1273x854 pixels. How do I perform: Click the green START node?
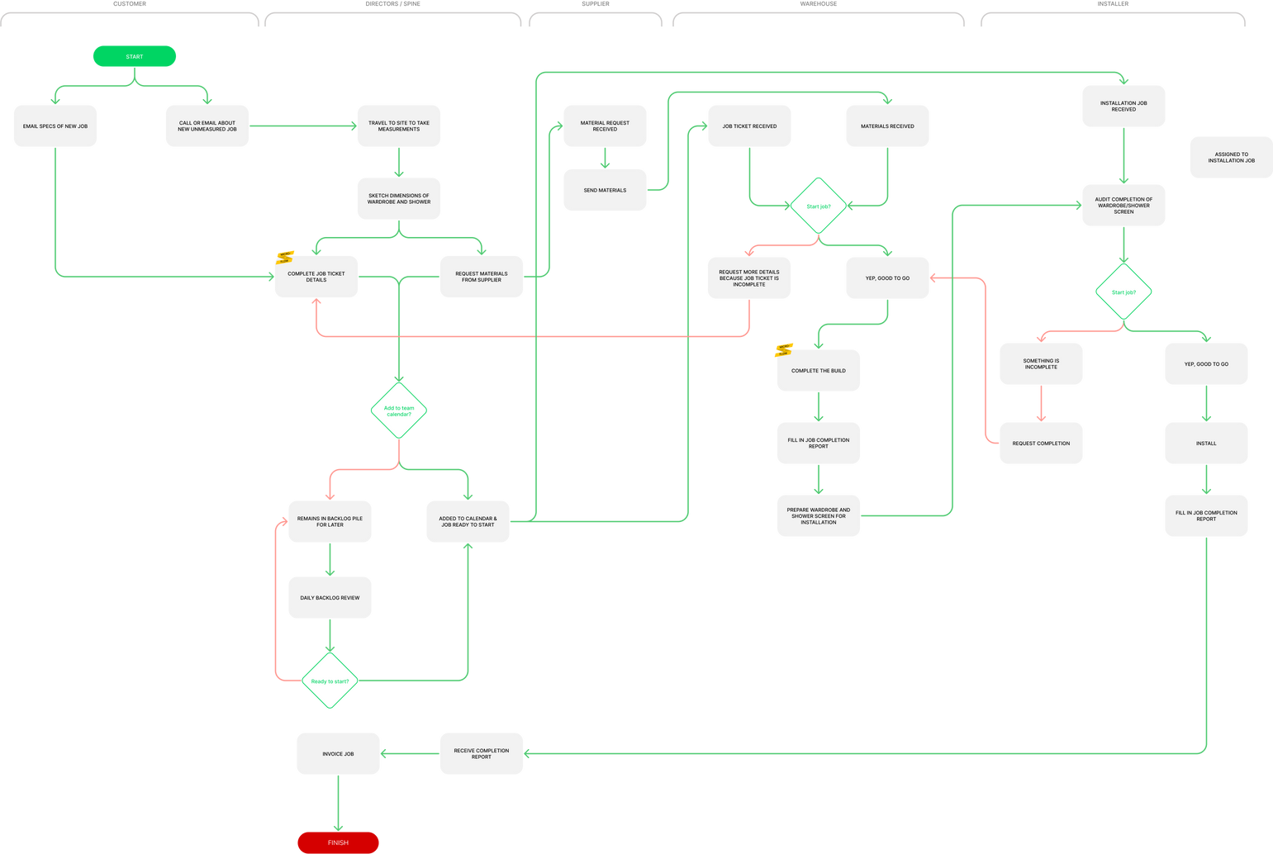click(x=134, y=56)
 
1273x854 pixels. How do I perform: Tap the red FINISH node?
click(x=338, y=842)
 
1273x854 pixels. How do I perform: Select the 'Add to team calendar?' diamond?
click(x=399, y=410)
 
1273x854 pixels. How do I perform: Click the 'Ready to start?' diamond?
click(x=330, y=681)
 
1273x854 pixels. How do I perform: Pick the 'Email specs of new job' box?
click(x=55, y=126)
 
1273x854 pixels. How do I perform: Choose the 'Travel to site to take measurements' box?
click(x=399, y=126)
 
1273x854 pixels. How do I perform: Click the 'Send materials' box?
click(x=605, y=190)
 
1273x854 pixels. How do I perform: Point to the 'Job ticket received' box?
click(x=749, y=126)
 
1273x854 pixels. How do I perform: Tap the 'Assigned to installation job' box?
click(x=1231, y=157)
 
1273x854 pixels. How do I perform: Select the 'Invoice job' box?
click(x=338, y=753)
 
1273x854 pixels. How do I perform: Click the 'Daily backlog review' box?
click(x=330, y=597)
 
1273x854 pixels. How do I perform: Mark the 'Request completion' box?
click(x=1041, y=444)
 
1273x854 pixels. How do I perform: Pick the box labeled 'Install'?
click(x=1206, y=444)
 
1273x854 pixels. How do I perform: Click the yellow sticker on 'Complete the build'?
click(x=783, y=350)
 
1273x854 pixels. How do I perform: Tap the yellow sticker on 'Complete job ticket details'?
click(x=285, y=257)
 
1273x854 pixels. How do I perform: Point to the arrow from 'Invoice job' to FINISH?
click(x=338, y=803)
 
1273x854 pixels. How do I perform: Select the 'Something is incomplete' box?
click(x=1041, y=364)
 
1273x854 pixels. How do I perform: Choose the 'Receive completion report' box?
click(x=482, y=753)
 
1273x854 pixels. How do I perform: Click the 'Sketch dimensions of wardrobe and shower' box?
click(x=399, y=199)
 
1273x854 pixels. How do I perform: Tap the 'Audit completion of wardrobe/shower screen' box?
click(x=1123, y=206)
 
